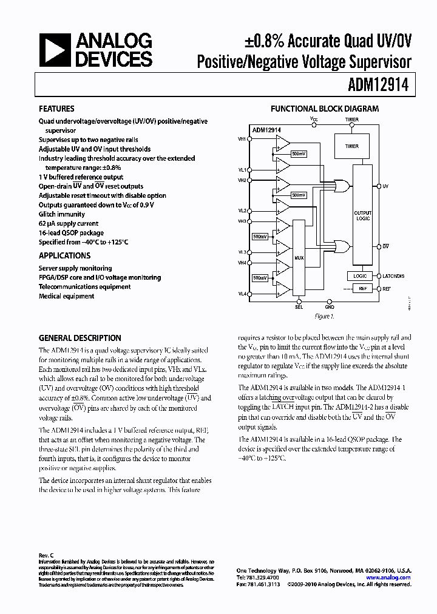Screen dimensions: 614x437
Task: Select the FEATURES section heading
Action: click(x=56, y=109)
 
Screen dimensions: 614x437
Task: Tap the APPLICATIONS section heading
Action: click(x=64, y=256)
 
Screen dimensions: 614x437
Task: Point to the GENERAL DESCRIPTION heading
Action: click(x=80, y=338)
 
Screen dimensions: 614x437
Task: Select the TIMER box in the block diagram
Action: click(x=351, y=146)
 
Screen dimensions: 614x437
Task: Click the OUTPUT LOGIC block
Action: click(x=362, y=215)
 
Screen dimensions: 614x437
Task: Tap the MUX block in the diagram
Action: click(x=299, y=258)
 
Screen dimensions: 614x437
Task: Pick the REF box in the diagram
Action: click(x=362, y=289)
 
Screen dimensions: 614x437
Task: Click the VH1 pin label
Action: click(x=242, y=139)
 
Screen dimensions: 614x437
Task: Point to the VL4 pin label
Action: click(x=242, y=294)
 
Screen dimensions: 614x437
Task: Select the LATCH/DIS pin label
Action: click(x=393, y=275)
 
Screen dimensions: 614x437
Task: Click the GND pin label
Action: click(x=330, y=307)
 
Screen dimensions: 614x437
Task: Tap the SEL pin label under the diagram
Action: click(x=299, y=307)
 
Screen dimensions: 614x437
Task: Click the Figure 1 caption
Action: click(x=324, y=317)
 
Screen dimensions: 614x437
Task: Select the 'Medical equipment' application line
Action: click(x=67, y=296)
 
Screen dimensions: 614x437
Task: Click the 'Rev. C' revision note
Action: click(x=47, y=555)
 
